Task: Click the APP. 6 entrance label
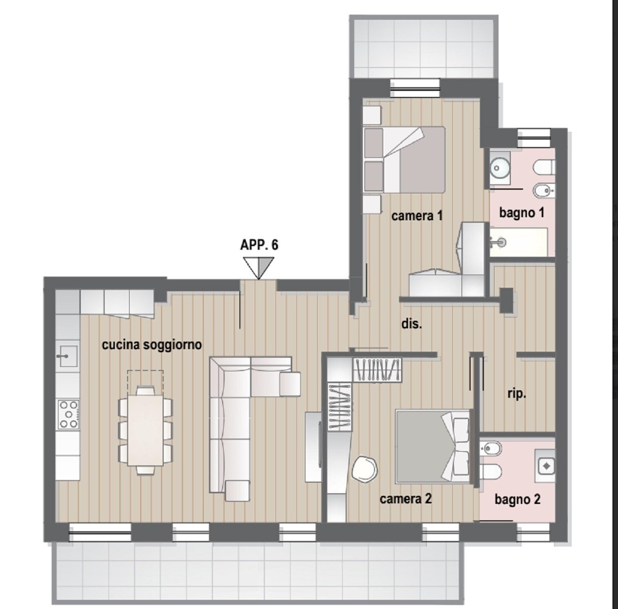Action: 259,245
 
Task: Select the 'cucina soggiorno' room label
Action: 152,345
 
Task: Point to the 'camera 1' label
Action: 417,216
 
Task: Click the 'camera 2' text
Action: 406,499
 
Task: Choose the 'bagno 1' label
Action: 521,213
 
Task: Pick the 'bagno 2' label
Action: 517,500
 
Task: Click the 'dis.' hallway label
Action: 412,324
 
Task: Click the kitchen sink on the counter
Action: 67,355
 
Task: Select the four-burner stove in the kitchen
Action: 68,414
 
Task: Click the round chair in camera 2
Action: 364,469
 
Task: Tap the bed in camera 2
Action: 432,446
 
